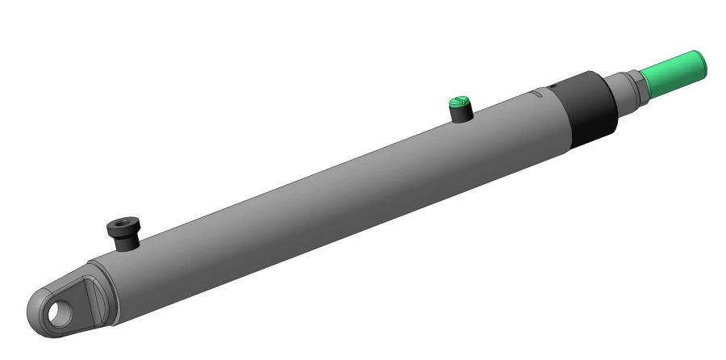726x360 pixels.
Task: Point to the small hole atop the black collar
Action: pyautogui.click(x=553, y=87)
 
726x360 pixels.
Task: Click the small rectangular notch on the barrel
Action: pyautogui.click(x=536, y=94)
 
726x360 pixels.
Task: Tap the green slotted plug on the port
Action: pyautogui.click(x=458, y=103)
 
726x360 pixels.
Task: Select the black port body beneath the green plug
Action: pyautogui.click(x=461, y=115)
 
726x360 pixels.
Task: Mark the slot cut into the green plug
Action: pyautogui.click(x=457, y=101)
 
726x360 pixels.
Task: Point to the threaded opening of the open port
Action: pyautogui.click(x=123, y=222)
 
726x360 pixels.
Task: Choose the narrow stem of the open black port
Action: pyautogui.click(x=127, y=242)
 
